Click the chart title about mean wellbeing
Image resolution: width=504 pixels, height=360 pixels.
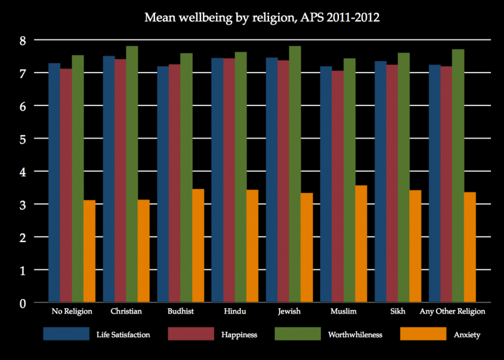pos(262,18)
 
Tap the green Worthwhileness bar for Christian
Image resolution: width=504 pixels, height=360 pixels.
pos(132,174)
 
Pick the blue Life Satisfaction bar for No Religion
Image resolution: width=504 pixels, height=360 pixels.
pos(54,183)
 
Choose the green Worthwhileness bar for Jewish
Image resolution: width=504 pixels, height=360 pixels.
pos(295,174)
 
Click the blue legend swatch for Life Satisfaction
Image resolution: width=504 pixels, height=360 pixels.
pos(66,334)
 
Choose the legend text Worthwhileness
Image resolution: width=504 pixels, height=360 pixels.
pos(355,334)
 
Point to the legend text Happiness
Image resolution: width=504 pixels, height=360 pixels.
pos(239,334)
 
